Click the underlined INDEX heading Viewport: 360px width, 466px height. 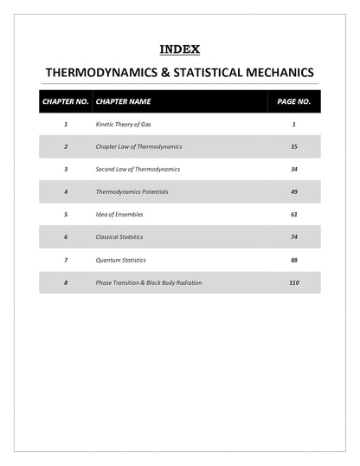tap(180, 49)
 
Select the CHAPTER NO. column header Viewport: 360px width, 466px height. tap(65, 101)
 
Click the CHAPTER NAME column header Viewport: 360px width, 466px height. tap(123, 101)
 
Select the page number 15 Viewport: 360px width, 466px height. tap(294, 147)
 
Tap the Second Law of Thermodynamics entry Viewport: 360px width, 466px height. tap(138, 169)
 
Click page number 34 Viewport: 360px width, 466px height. tap(294, 169)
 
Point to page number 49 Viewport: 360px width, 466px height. tap(294, 191)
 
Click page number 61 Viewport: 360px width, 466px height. tap(294, 214)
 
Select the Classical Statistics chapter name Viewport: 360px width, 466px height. tap(119, 236)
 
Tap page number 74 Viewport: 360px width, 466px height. tap(294, 236)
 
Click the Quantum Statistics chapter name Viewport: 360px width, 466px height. tap(120, 259)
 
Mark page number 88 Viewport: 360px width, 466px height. tap(294, 259)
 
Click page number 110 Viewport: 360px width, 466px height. tap(294, 282)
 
